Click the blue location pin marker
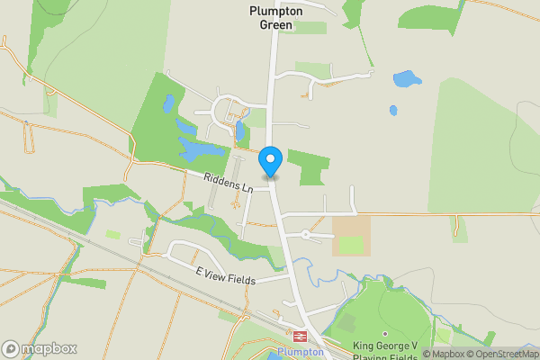270,162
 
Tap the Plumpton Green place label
271,18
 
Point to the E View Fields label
225,274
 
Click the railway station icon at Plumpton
300,336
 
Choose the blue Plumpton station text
300,352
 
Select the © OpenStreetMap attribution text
502,354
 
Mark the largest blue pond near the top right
407,78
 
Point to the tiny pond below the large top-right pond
393,111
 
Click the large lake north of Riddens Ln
200,148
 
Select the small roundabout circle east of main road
306,234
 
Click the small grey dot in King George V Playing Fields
384,309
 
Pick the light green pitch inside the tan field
351,245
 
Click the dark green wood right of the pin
309,166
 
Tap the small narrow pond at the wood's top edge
168,104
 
